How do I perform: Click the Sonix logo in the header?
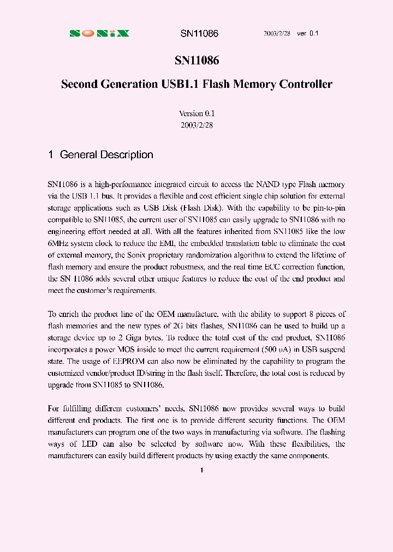tap(99, 33)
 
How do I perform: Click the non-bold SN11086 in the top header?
tap(199, 33)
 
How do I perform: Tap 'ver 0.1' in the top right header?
tap(307, 33)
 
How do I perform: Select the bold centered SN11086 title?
tap(196, 61)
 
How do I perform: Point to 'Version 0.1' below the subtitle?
tap(196, 113)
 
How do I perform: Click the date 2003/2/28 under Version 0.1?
tap(196, 125)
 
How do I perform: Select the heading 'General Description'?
tap(106, 155)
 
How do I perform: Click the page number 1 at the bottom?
tap(201, 470)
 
